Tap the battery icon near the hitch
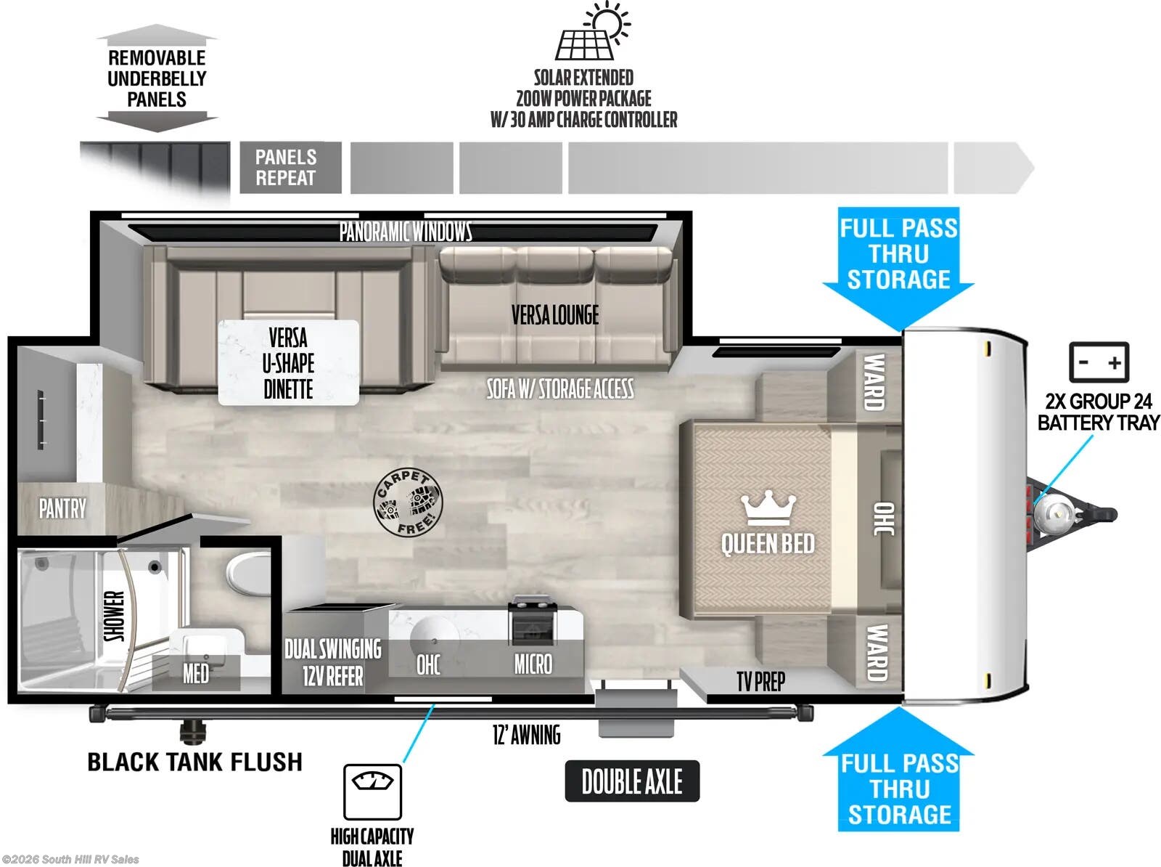click(1099, 362)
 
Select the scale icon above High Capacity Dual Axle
click(372, 791)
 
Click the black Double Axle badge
click(631, 781)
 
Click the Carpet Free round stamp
click(407, 502)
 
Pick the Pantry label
click(62, 508)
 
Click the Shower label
click(115, 616)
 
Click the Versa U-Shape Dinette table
click(288, 362)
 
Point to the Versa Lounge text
click(555, 315)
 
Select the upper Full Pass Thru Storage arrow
click(898, 265)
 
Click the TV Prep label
click(760, 681)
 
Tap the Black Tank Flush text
click(194, 762)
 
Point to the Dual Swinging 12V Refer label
click(332, 662)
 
